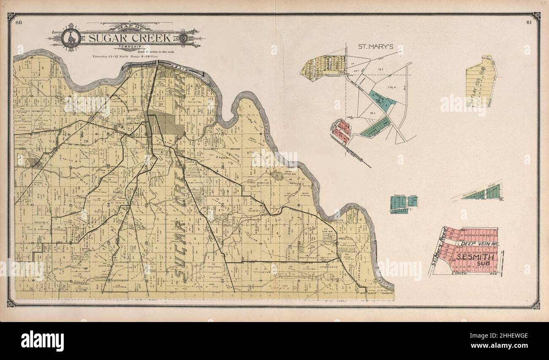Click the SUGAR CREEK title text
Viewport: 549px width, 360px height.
(130, 38)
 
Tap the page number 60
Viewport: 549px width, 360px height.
(18, 22)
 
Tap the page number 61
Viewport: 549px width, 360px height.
(529, 22)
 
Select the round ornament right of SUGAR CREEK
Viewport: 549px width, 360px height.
(182, 38)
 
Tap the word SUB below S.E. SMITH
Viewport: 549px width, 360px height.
(479, 264)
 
